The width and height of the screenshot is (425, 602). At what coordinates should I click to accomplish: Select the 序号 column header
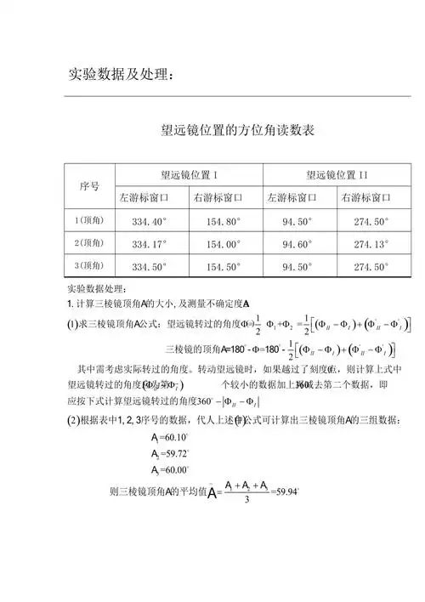pyautogui.click(x=89, y=185)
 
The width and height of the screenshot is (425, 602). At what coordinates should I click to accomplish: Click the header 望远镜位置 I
pyautogui.click(x=191, y=175)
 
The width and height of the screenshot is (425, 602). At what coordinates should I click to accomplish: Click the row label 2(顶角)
pyautogui.click(x=89, y=244)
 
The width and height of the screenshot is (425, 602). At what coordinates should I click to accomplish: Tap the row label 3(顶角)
pyautogui.click(x=89, y=266)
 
